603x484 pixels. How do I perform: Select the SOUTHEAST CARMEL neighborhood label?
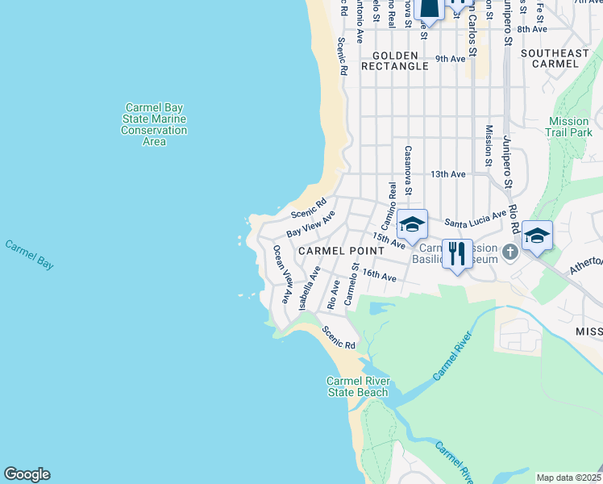click(555, 60)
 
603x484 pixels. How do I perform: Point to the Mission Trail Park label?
click(569, 127)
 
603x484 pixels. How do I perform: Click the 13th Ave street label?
click(448, 174)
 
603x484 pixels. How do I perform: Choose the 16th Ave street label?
click(379, 275)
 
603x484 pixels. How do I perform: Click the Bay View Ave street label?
click(310, 223)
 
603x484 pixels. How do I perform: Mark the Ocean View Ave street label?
click(281, 274)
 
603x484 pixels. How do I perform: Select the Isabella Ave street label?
click(309, 290)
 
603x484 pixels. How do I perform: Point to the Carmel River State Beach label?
click(358, 386)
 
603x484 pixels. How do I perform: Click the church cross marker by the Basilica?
click(509, 253)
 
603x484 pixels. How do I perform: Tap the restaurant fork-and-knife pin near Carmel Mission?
click(458, 253)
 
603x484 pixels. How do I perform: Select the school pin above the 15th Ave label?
click(412, 225)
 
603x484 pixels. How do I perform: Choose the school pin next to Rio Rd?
click(537, 236)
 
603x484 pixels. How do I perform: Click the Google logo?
click(27, 474)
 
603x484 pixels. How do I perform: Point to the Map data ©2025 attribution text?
click(568, 478)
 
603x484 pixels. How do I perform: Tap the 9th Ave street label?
click(451, 59)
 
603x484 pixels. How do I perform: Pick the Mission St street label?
click(489, 146)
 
